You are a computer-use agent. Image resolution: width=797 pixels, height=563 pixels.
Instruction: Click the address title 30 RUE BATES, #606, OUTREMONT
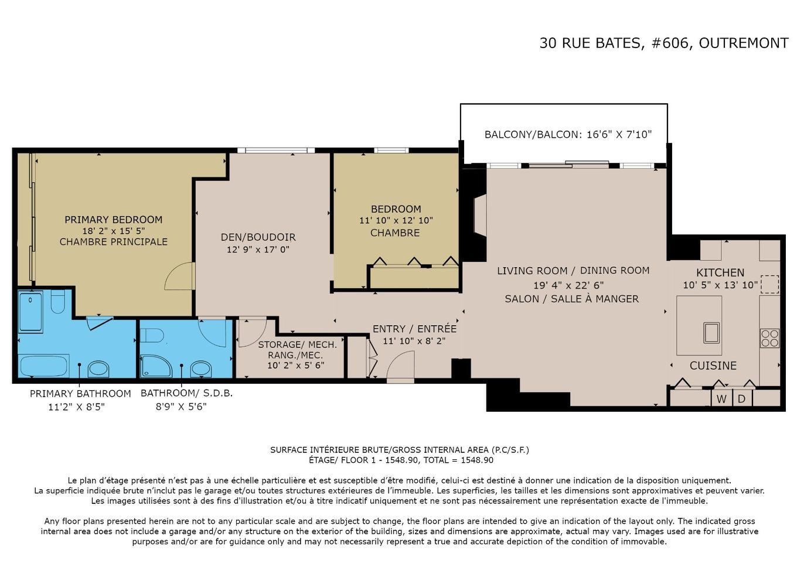(663, 43)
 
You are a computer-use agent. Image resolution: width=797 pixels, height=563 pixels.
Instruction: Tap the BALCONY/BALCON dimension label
(568, 134)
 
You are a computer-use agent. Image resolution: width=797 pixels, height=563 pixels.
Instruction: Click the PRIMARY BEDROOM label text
(113, 220)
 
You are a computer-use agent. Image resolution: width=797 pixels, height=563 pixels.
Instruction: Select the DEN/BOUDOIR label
(258, 237)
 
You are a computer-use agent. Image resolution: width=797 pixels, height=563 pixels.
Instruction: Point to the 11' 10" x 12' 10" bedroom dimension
(396, 221)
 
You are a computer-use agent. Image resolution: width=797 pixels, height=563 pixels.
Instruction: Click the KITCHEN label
(720, 272)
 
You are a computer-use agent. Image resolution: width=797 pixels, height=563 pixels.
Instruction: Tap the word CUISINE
(713, 366)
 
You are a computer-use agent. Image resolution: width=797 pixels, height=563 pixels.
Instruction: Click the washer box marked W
(721, 399)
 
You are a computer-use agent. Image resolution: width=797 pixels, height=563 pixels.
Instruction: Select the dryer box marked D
(741, 399)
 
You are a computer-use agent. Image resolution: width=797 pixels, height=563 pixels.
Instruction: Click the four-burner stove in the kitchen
(769, 338)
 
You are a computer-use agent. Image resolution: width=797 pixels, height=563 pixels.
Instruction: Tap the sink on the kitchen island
(711, 332)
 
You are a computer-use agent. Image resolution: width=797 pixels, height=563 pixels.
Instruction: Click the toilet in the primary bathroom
(57, 303)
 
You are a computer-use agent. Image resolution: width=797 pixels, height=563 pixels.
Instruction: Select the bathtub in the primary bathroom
(43, 367)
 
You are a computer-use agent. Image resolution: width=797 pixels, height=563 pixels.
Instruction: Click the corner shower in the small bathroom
(154, 366)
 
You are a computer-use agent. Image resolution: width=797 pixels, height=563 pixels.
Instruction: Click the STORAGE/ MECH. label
(297, 344)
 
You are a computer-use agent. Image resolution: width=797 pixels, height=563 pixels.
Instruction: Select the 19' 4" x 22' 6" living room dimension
(568, 285)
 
